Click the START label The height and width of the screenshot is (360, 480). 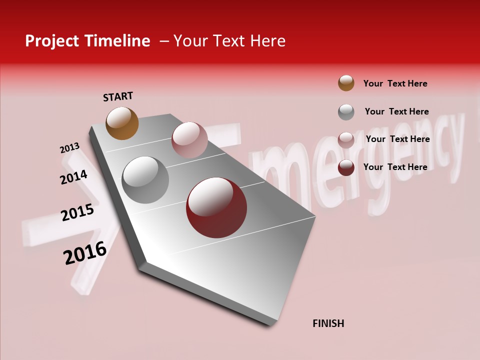pyautogui.click(x=118, y=96)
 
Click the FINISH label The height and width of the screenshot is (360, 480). pyautogui.click(x=328, y=323)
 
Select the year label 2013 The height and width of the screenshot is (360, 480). pyautogui.click(x=69, y=148)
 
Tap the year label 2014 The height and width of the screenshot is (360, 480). pyautogui.click(x=73, y=177)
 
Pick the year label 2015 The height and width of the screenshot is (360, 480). pyautogui.click(x=77, y=212)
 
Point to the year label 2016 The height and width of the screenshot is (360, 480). pyautogui.click(x=85, y=253)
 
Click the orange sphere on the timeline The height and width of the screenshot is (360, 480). pyautogui.click(x=122, y=123)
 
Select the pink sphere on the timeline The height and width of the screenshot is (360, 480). pyautogui.click(x=189, y=139)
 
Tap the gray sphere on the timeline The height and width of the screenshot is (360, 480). pyautogui.click(x=145, y=179)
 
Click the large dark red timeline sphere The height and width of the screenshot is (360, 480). pyautogui.click(x=216, y=207)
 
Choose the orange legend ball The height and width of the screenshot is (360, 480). pyautogui.click(x=346, y=83)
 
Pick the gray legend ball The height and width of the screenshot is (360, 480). pyautogui.click(x=346, y=112)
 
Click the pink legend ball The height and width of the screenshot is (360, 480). pyautogui.click(x=346, y=140)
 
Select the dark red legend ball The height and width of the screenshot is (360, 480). pyautogui.click(x=346, y=167)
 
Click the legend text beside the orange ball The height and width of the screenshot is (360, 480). pyautogui.click(x=395, y=83)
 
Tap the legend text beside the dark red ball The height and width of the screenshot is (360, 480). pyautogui.click(x=395, y=167)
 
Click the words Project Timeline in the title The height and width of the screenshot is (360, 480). pyautogui.click(x=87, y=41)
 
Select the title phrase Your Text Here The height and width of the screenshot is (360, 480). pyautogui.click(x=229, y=41)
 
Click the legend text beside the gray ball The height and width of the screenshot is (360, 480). pyautogui.click(x=396, y=111)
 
